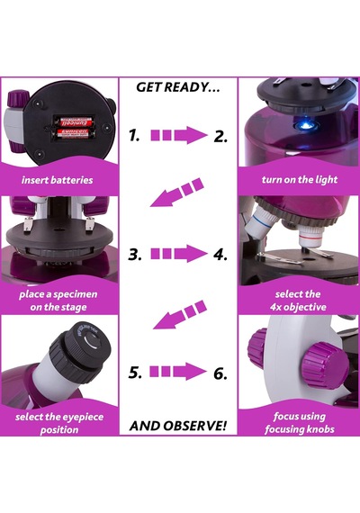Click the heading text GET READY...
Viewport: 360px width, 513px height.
coord(177,87)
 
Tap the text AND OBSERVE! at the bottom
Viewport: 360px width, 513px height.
coord(178,426)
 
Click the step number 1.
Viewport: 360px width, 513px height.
coord(134,135)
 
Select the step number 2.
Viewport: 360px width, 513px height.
coord(220,136)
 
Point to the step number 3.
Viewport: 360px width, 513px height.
coord(135,254)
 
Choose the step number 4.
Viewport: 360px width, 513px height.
coord(220,254)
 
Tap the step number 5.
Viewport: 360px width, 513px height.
coord(135,372)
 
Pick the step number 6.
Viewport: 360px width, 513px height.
coord(220,373)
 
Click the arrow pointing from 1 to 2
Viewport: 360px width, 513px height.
coord(179,135)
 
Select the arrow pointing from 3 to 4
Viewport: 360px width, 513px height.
coord(179,254)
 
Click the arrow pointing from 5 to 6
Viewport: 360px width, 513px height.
coord(178,372)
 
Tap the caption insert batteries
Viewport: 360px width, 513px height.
coord(58,180)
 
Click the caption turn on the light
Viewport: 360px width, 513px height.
coord(300,179)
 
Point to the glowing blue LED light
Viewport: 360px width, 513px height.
coord(305,125)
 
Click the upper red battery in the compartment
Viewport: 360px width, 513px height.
coord(74,122)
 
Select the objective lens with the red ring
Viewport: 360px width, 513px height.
coord(311,238)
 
